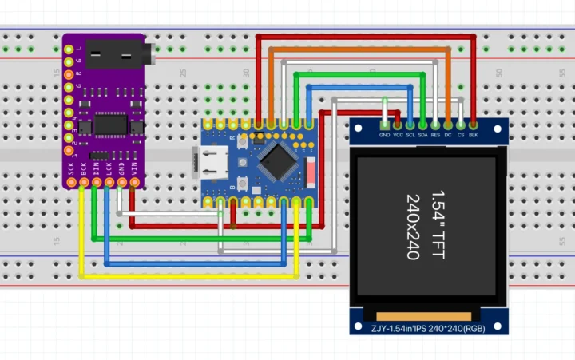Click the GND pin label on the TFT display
[385, 136]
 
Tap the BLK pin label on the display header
[474, 136]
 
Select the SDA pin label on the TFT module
[422, 136]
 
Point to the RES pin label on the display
[435, 136]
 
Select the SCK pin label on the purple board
[71, 168]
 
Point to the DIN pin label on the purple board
[97, 168]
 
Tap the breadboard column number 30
[247, 73]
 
